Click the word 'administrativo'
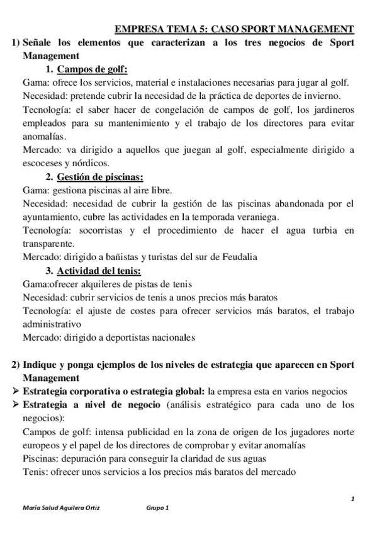52,324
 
